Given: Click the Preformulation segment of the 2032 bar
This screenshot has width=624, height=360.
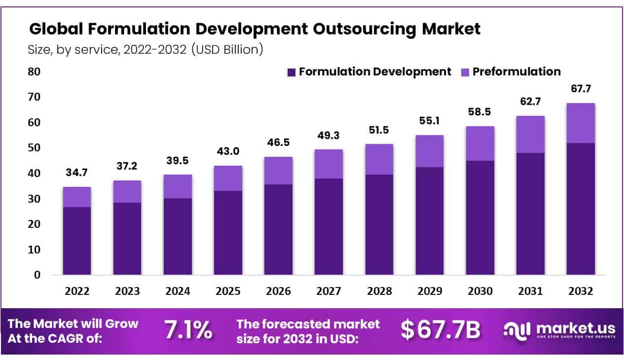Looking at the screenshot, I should pyautogui.click(x=581, y=123).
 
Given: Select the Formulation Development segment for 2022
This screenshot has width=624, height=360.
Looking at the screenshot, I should pyautogui.click(x=76, y=241).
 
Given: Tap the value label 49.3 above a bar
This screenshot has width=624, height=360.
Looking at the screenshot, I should pyautogui.click(x=328, y=136).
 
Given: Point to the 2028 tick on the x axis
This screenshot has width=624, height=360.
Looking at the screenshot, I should pyautogui.click(x=379, y=291).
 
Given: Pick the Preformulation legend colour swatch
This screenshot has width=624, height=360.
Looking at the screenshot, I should pyautogui.click(x=465, y=72).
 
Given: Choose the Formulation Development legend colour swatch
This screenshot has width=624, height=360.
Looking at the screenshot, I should pyautogui.click(x=291, y=72).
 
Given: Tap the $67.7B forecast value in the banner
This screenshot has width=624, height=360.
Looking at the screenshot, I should pyautogui.click(x=440, y=330).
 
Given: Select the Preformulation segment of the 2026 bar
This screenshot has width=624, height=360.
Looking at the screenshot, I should pyautogui.click(x=278, y=171).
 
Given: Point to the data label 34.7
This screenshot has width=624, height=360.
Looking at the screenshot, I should pyautogui.click(x=76, y=173).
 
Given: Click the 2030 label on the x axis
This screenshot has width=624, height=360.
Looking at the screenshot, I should pyautogui.click(x=479, y=291).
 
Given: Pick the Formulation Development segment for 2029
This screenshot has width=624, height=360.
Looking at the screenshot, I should pyautogui.click(x=429, y=221).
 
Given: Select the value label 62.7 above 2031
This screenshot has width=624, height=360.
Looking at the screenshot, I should pyautogui.click(x=530, y=102).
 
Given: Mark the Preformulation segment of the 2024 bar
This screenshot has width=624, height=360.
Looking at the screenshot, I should pyautogui.click(x=177, y=186).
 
